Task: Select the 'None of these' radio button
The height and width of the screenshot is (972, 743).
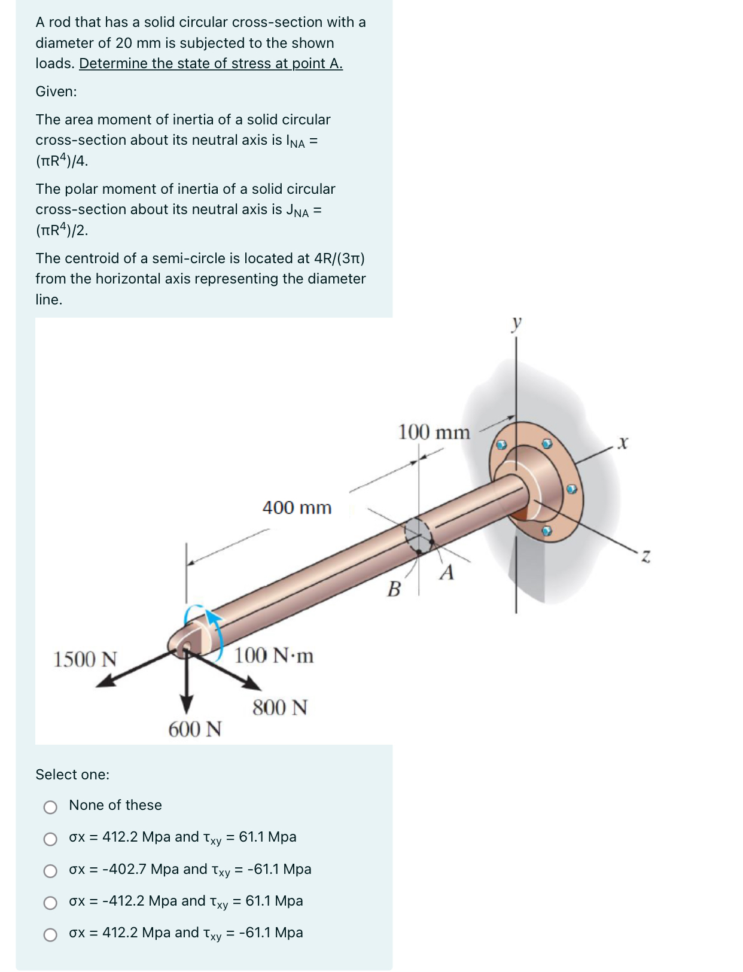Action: (x=50, y=808)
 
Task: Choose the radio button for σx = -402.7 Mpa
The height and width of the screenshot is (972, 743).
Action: (x=50, y=871)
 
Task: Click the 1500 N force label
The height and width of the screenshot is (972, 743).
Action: (x=85, y=659)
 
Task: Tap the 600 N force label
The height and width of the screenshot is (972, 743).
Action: (x=194, y=729)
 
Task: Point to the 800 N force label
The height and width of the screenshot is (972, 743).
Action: (x=279, y=708)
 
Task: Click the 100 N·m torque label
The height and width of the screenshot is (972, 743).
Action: (x=273, y=656)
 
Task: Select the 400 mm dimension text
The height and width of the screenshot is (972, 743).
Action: (x=297, y=508)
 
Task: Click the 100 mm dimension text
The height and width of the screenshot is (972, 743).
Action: (x=434, y=432)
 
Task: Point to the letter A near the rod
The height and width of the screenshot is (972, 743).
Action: (x=447, y=572)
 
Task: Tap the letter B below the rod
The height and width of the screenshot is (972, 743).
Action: (x=394, y=590)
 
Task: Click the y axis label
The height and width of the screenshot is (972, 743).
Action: (x=517, y=323)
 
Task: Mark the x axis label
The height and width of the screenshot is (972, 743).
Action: (x=623, y=443)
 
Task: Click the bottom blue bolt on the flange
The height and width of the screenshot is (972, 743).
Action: (x=546, y=531)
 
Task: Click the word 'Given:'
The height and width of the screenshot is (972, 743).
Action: (x=56, y=92)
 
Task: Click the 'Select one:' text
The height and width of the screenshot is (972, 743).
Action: (x=72, y=775)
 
